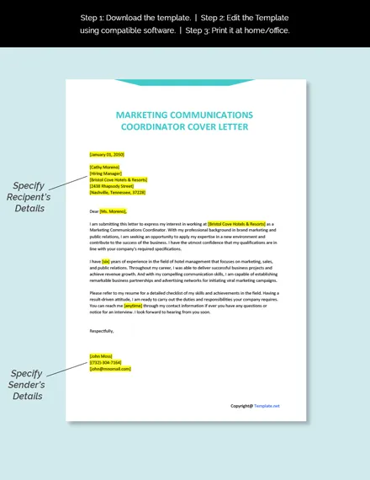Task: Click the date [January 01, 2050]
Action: click(106, 155)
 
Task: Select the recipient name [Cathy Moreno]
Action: click(104, 168)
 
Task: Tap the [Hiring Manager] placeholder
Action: click(105, 173)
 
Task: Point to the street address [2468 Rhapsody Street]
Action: click(110, 186)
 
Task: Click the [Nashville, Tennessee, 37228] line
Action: click(117, 192)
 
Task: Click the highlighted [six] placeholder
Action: click(106, 261)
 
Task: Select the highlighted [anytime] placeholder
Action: click(134, 305)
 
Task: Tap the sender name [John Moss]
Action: click(103, 356)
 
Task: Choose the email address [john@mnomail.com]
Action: click(110, 369)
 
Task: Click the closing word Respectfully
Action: click(103, 331)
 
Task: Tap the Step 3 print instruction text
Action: click(249, 30)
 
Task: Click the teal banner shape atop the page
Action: click(185, 83)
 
